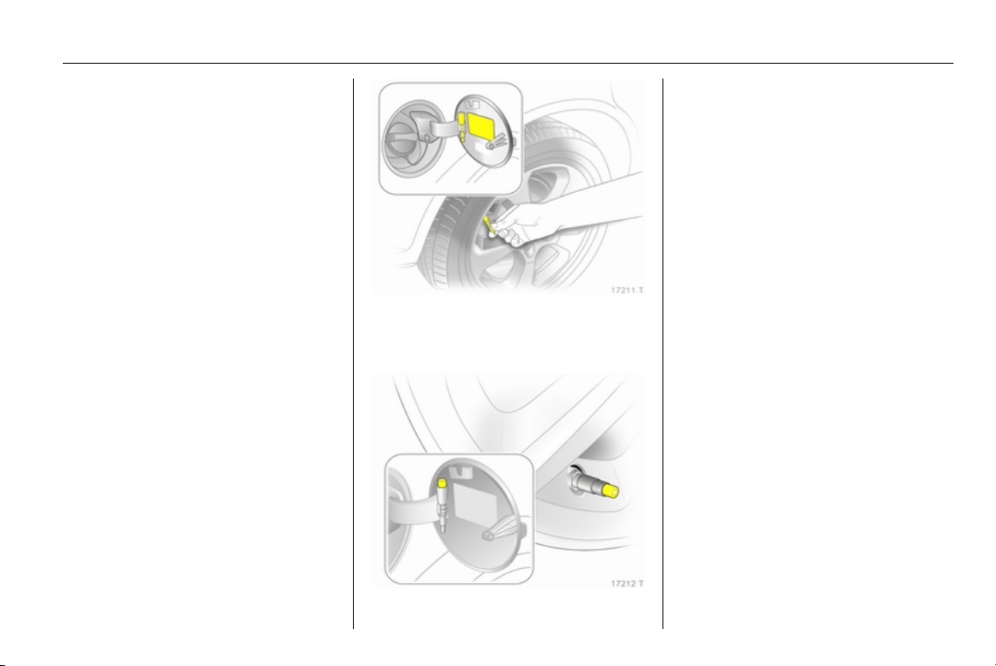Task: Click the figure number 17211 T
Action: (627, 290)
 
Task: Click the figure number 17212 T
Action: (627, 584)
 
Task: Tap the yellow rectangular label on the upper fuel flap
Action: (481, 126)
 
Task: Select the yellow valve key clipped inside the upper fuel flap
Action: (461, 126)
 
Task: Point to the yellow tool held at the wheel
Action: (489, 223)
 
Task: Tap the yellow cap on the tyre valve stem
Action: (611, 490)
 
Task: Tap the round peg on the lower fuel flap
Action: (489, 536)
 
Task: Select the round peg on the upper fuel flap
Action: (491, 145)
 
